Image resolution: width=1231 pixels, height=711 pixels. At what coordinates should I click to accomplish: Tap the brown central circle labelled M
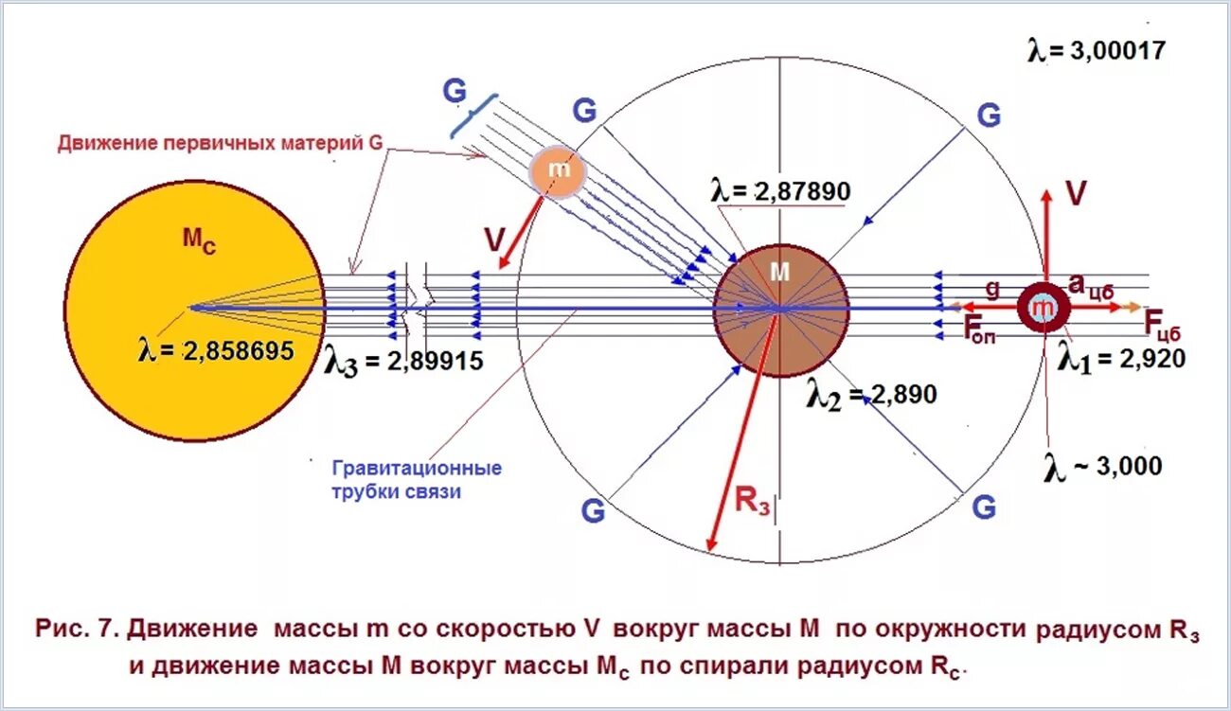pos(780,310)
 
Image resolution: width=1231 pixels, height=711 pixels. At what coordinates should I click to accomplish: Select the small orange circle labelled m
pos(558,170)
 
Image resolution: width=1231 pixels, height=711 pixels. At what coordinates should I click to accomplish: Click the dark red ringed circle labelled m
pos(1043,307)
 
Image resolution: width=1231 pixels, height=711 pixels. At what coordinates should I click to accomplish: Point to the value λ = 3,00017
pos(1096,50)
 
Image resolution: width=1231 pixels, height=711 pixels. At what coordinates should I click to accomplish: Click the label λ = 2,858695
pos(214,351)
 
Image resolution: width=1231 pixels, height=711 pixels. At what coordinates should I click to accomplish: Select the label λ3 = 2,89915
pos(402,362)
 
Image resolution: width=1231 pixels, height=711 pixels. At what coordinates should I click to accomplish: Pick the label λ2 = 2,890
pos(871,395)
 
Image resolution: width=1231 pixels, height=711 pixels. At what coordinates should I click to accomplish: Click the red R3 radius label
pos(753,499)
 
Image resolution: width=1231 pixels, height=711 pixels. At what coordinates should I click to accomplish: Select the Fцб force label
pos(1163,324)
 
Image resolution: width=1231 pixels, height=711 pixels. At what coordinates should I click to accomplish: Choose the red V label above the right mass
pos(1075,193)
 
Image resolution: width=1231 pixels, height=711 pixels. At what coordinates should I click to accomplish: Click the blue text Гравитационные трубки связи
pos(417,480)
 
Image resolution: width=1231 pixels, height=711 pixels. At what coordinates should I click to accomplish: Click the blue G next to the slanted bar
pos(455,92)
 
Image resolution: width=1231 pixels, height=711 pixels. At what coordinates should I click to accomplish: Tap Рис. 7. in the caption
pos(77,629)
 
